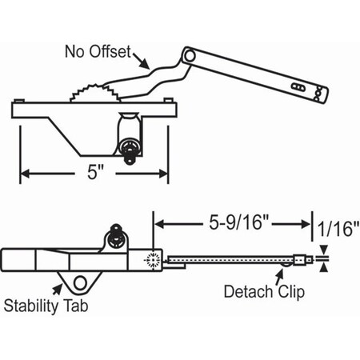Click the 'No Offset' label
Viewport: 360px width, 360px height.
(98, 51)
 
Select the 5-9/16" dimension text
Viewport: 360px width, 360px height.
(238, 223)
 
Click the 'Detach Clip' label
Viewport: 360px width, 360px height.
(264, 292)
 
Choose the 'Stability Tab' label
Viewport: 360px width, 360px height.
(46, 306)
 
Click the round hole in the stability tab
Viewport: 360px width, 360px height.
(80, 283)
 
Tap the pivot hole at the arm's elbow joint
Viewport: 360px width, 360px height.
(190, 56)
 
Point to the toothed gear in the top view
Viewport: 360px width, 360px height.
(94, 94)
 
